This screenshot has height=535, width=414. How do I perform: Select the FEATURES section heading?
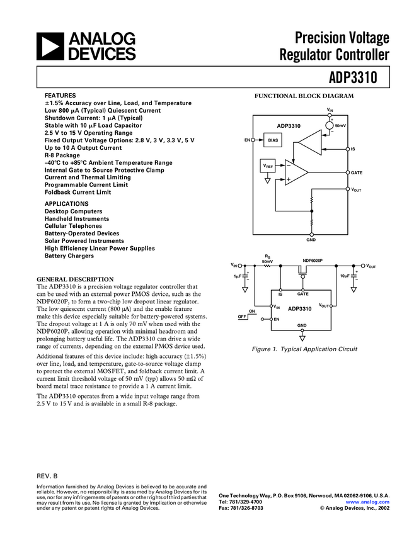click(x=60, y=95)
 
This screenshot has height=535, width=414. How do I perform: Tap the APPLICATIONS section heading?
click(x=66, y=204)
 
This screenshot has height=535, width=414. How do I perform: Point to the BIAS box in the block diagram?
click(x=273, y=140)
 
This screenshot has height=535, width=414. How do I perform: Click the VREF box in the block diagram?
click(x=268, y=167)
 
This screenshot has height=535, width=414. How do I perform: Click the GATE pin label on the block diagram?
click(x=356, y=172)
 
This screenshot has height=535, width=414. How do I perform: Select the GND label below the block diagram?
click(x=311, y=240)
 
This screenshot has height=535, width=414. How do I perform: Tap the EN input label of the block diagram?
click(x=248, y=140)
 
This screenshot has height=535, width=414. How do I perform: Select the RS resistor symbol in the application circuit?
click(x=267, y=266)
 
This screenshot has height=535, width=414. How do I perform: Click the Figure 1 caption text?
click(x=304, y=349)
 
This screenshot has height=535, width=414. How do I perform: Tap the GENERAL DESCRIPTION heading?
click(x=75, y=279)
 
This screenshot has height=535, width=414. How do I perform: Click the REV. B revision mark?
click(x=47, y=476)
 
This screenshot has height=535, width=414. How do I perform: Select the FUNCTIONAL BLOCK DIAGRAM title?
click(x=304, y=96)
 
